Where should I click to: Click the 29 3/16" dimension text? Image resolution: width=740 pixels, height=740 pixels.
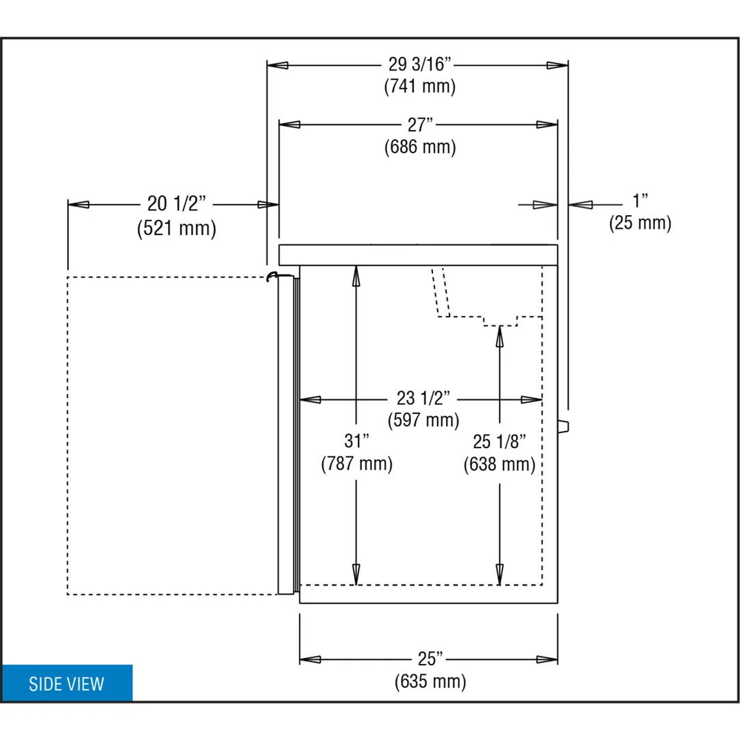pos(419,64)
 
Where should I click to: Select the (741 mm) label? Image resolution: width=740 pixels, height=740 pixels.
pos(419,86)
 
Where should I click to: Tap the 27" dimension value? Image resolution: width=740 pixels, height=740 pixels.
pos(420,125)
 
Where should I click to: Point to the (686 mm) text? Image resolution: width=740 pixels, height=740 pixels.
pos(420,147)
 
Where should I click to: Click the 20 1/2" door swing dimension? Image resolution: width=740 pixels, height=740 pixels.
pos(177,203)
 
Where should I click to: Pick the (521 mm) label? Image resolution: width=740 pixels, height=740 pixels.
pos(177,228)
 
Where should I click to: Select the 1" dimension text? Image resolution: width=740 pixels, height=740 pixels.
pos(640,201)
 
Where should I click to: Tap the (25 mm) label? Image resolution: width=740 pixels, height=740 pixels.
pos(640,223)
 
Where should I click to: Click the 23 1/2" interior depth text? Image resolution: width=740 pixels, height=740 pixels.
pos(423,398)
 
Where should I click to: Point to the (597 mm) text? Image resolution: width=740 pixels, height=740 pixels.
pos(423,420)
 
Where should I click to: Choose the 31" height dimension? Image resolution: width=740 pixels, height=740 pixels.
pos(356,441)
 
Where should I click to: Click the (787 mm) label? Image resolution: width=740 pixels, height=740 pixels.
pos(356,463)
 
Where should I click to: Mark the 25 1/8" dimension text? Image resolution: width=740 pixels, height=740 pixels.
pos(499,442)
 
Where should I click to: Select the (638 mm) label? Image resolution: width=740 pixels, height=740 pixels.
pos(499,464)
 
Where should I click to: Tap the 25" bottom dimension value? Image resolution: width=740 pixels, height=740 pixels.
pos(430,658)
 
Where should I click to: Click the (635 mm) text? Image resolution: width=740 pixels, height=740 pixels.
pos(430,681)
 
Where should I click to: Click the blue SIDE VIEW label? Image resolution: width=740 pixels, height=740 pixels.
pos(66,683)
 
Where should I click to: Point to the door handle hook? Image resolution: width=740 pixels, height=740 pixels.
pos(271,277)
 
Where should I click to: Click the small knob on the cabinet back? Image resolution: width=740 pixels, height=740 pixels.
pos(563,426)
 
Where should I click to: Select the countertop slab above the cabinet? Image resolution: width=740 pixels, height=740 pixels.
pos(418,255)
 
